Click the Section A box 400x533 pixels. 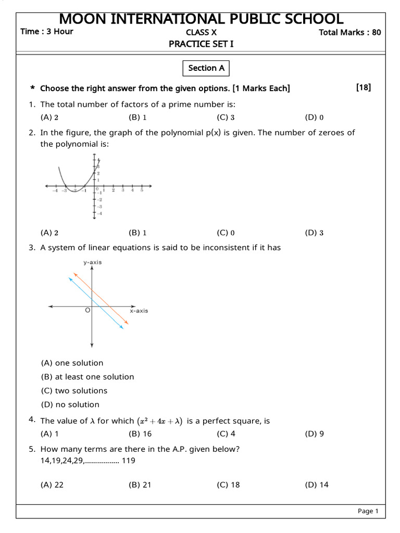[206, 68]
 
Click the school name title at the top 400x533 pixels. [201, 19]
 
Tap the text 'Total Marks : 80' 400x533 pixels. [349, 32]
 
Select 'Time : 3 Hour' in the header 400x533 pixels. [47, 31]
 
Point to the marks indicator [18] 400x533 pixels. [364, 87]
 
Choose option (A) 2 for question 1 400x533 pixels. [49, 118]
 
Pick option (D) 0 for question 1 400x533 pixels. [314, 118]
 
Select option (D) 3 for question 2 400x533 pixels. [314, 233]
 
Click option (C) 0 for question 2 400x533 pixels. [226, 233]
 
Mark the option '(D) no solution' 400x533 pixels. [70, 404]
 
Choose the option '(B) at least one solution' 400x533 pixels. [87, 377]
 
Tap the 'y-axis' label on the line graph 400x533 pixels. [92, 262]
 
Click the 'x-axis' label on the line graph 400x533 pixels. [139, 311]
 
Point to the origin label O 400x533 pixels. [87, 310]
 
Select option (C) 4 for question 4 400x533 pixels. [226, 434]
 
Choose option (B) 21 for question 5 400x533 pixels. [140, 485]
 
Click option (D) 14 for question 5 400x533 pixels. [317, 485]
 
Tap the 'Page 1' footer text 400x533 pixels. [368, 511]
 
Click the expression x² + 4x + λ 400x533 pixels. [159, 421]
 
